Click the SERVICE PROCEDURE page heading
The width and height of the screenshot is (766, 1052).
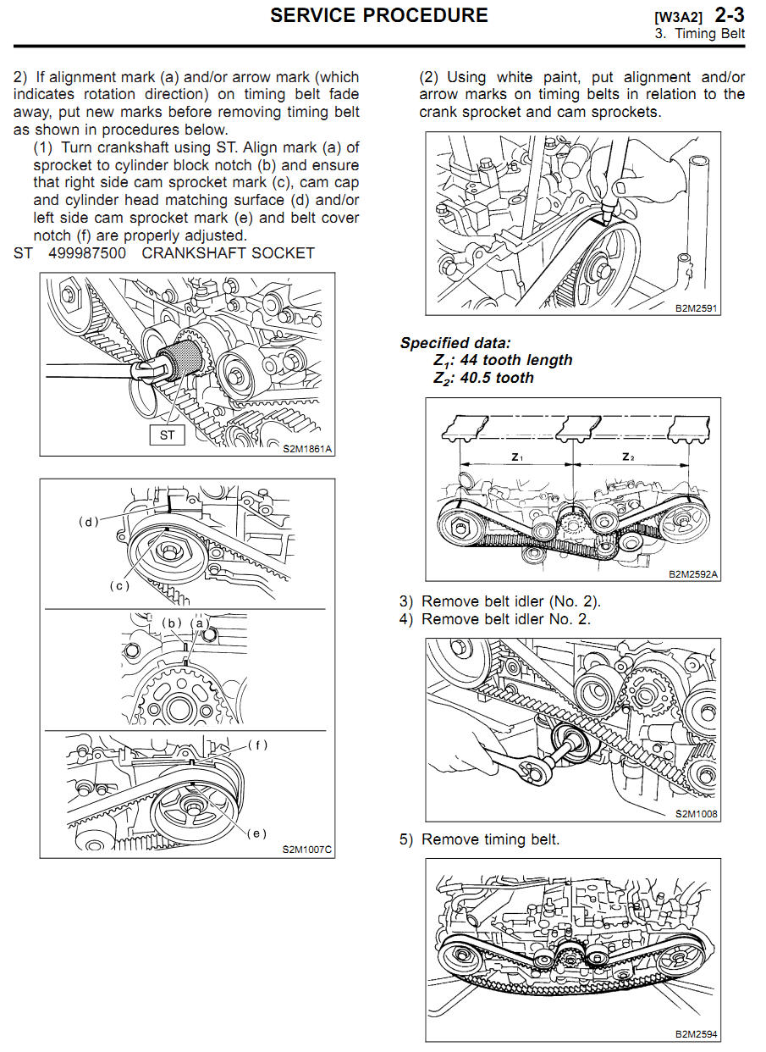tap(378, 15)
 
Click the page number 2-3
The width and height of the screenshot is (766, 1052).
tap(730, 14)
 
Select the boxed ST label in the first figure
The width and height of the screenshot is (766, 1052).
tap(167, 435)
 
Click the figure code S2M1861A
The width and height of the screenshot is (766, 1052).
tap(307, 448)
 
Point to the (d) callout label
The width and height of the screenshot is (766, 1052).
tap(89, 522)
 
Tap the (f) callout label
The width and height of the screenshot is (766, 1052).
tap(257, 745)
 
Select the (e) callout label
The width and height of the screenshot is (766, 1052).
tap(257, 833)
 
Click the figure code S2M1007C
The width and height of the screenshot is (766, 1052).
tap(307, 849)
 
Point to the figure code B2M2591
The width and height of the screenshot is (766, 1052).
tap(697, 308)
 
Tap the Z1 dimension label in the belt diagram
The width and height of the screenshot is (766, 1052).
tap(518, 457)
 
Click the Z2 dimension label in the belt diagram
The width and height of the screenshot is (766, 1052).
tap(628, 457)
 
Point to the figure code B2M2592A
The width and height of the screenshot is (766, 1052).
tap(693, 573)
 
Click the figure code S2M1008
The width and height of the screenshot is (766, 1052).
tap(697, 813)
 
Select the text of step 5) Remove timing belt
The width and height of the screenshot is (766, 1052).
tap(479, 840)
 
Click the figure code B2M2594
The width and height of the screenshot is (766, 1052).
tap(696, 1033)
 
